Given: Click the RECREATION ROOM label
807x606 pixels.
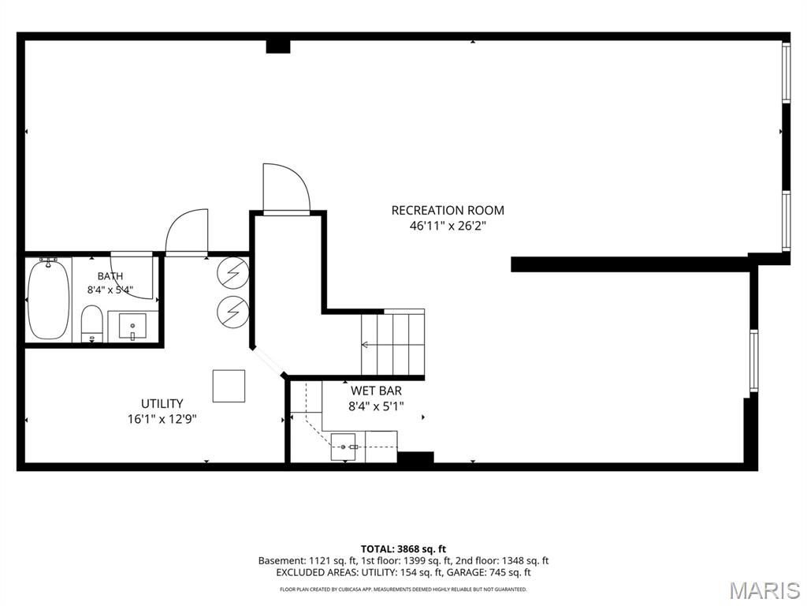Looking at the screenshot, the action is point(448,210).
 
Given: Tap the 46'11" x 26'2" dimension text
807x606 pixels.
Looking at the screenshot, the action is point(448,226).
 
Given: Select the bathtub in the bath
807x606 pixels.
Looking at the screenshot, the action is point(48,299).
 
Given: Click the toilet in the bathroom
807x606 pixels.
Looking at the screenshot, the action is point(93,324).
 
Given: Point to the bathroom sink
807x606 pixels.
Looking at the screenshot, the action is point(132,326).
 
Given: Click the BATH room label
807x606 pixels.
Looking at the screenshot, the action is point(110,276).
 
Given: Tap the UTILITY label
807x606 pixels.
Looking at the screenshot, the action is point(162,403).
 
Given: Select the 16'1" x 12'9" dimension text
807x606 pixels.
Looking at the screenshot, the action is point(162,419).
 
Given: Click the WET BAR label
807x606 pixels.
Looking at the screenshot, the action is point(376,391).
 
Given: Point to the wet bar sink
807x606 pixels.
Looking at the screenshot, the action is point(344,447).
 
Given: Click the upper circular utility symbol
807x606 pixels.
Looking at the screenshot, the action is point(233,272).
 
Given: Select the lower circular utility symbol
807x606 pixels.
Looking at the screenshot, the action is point(233,311).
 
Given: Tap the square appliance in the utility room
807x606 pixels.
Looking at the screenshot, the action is point(229,386).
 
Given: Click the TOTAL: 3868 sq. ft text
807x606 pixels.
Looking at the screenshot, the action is point(403,549).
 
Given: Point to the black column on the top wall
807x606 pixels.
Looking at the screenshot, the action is point(278,47).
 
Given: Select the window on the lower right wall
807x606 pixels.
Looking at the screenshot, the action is point(753,360).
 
